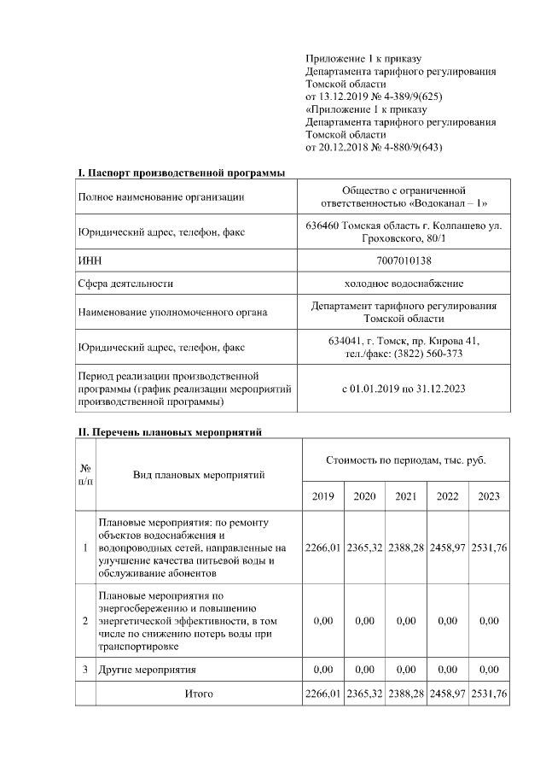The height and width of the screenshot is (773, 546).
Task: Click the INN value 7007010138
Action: (x=404, y=259)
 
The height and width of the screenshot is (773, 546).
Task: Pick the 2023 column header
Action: (x=489, y=496)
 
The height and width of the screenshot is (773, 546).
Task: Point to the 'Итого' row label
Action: (x=199, y=694)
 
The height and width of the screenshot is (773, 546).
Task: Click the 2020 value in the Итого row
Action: (x=364, y=694)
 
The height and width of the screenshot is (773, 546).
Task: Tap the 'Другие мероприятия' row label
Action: (x=148, y=669)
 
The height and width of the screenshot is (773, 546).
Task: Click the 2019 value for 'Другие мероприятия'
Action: (x=322, y=669)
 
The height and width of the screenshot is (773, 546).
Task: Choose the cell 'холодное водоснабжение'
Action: (x=404, y=284)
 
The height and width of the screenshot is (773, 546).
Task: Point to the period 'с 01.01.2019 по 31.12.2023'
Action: (x=404, y=389)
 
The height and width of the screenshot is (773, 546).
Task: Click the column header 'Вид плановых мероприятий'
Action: (x=199, y=474)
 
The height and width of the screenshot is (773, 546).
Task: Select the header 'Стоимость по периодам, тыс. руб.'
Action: (x=406, y=460)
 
